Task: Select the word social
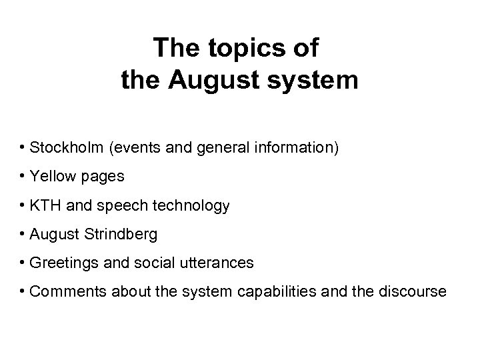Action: pos(160,263)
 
